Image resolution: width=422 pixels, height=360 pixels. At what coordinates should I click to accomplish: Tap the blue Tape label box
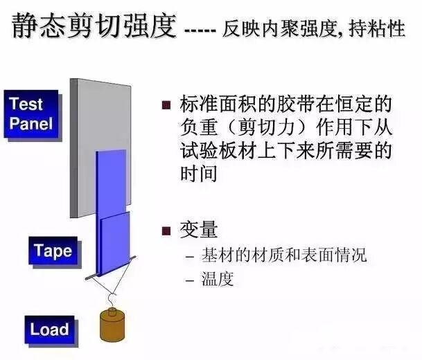(53, 251)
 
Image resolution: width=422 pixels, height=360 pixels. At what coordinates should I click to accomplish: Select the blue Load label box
(49, 328)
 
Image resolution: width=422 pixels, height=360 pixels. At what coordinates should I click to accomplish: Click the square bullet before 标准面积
(166, 106)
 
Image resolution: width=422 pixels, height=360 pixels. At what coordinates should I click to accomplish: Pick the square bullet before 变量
(166, 231)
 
